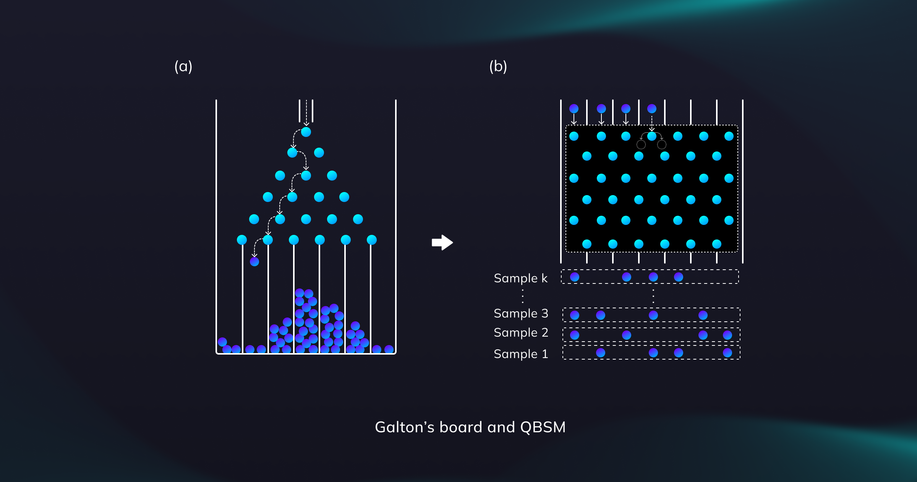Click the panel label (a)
[183, 67]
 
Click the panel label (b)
[498, 67]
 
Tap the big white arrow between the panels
[442, 243]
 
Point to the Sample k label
[520, 278]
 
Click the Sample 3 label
[521, 313]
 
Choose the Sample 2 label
[521, 332]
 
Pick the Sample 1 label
[521, 354]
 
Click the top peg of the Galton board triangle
[306, 132]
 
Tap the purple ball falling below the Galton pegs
[254, 262]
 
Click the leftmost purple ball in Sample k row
[575, 277]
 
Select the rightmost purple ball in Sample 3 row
[703, 315]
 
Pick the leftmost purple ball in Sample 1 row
[601, 353]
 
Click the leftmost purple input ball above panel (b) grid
[574, 109]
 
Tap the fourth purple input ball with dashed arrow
[652, 109]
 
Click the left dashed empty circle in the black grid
[641, 145]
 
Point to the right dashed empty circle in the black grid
[662, 145]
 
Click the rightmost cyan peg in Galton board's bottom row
[372, 240]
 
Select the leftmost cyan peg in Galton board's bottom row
[242, 240]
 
